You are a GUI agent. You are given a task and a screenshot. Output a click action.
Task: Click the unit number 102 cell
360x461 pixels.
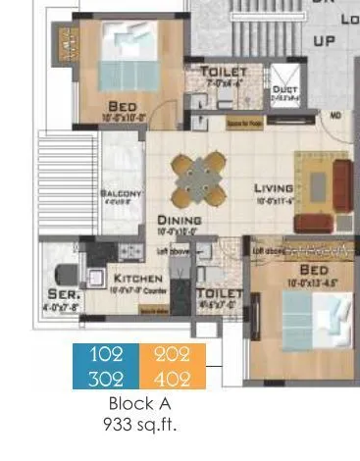(106, 356)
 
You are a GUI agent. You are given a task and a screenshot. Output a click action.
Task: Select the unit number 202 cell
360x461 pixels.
(172, 356)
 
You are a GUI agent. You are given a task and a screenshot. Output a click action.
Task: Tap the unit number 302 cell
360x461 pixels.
(106, 378)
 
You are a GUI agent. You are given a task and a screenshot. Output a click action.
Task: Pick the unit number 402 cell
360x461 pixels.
(172, 378)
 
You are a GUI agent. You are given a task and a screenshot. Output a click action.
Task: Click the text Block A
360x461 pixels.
(137, 403)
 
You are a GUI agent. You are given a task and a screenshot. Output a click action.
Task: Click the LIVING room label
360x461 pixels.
(274, 188)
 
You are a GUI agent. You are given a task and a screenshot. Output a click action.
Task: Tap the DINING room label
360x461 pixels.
(180, 221)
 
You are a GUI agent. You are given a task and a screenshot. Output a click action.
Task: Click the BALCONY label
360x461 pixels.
(122, 193)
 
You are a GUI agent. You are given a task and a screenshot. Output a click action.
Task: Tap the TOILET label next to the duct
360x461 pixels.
(225, 74)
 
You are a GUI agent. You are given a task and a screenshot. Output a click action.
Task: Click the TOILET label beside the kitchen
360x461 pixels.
(219, 293)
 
